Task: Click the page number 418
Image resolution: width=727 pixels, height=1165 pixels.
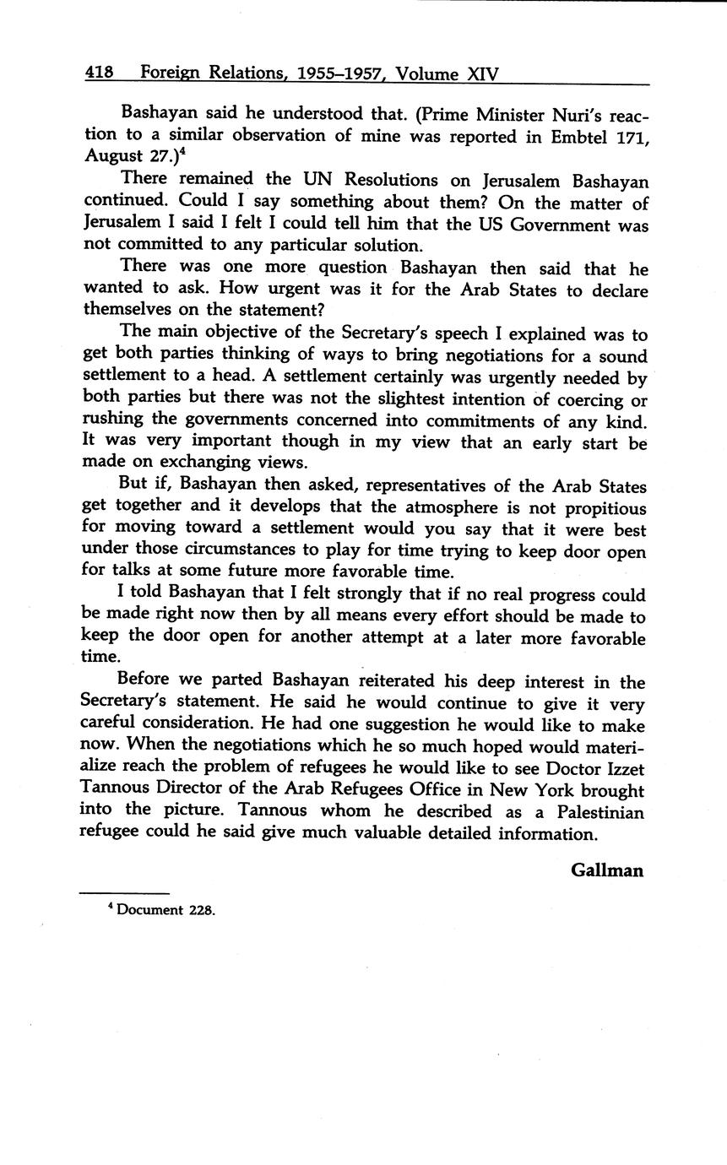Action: point(99,73)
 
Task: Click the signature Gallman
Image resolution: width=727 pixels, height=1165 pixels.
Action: point(607,870)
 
